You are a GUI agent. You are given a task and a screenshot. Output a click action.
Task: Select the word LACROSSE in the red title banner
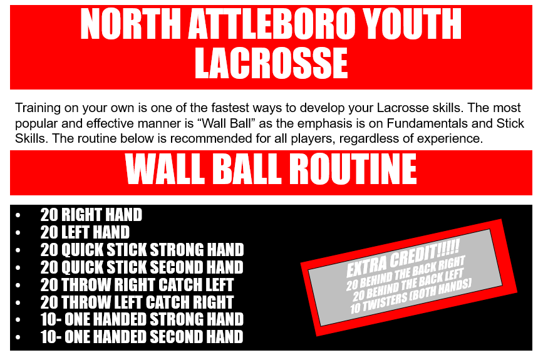(271, 63)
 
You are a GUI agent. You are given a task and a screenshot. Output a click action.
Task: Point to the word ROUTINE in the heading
(337, 169)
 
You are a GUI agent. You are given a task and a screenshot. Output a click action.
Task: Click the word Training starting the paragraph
(37, 107)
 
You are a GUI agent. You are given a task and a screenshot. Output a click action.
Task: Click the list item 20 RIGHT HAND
(91, 215)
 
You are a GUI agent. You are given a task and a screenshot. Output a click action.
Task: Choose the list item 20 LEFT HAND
(85, 232)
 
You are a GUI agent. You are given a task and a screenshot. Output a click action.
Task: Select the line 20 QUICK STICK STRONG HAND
(142, 250)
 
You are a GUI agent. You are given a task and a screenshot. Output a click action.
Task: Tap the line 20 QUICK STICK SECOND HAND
(142, 267)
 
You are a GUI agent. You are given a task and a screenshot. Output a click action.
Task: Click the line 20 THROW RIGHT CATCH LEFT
(137, 285)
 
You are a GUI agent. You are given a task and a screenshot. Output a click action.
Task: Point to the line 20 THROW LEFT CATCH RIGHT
(137, 302)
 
